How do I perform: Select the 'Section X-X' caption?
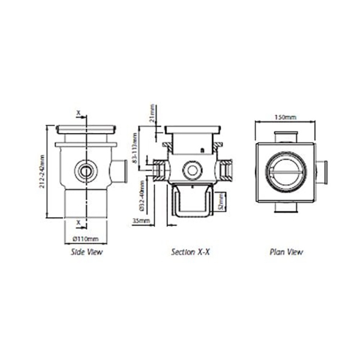click(191, 253)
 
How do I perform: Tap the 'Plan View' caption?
click(286, 253)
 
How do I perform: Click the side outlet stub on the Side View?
click(120, 172)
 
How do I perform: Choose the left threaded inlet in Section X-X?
click(158, 171)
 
